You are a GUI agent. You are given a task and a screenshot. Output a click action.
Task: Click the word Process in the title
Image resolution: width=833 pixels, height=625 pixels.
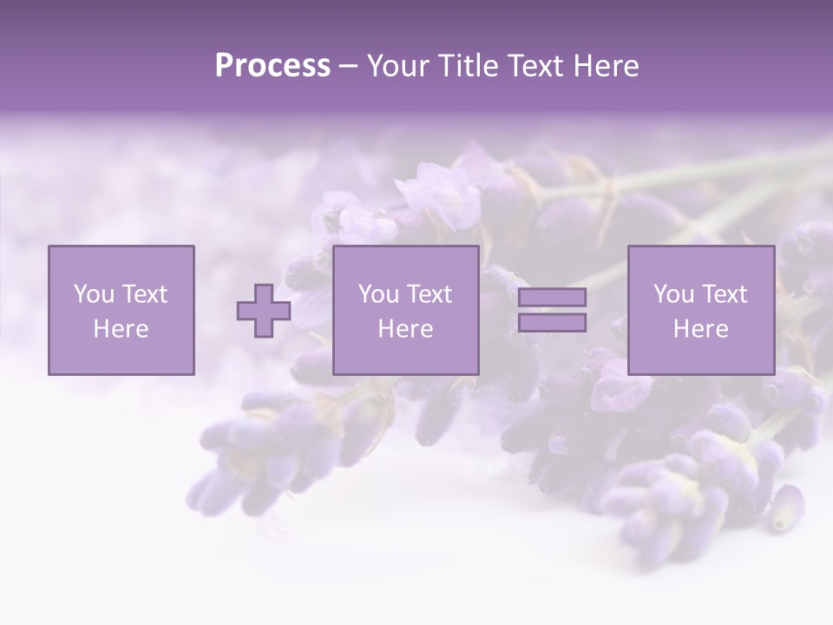[x=272, y=66]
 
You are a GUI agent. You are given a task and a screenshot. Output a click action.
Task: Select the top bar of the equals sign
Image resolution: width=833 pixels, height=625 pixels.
[x=552, y=298]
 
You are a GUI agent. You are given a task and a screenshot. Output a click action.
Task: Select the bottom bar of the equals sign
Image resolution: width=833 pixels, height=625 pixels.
[x=552, y=323]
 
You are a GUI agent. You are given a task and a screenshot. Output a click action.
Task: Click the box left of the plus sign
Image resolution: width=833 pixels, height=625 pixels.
[x=121, y=310]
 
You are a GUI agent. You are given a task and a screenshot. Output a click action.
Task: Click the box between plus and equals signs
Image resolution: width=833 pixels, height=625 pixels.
[x=405, y=310]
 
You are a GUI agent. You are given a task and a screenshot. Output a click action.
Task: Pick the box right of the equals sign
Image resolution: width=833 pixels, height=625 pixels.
[x=701, y=310]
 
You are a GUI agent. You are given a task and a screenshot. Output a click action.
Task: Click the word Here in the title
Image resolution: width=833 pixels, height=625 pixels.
[x=606, y=66]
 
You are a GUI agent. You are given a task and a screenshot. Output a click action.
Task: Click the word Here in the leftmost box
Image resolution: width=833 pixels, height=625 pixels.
[x=121, y=329]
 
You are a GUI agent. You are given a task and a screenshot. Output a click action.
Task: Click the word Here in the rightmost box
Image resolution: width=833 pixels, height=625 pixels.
[x=701, y=329]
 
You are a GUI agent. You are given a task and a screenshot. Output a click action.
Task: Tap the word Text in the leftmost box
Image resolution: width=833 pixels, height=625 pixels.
[x=145, y=294]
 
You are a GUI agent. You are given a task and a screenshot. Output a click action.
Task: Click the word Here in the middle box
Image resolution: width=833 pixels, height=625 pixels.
[x=405, y=329]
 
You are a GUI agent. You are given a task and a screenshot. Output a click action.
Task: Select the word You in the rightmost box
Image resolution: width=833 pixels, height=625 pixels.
[x=673, y=294]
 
